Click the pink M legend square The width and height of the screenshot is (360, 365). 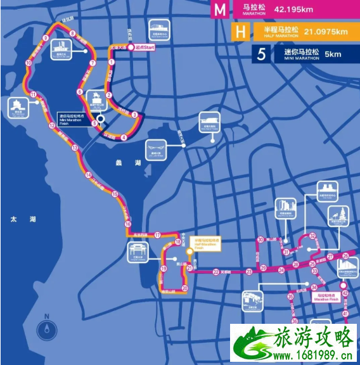click(220, 10)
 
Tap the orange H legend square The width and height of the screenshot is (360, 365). click(240, 32)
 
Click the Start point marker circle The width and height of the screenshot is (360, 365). click(130, 47)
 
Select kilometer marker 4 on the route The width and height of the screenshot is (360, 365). click(124, 138)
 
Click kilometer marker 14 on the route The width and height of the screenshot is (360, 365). click(89, 175)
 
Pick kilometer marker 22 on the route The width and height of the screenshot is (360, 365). click(216, 272)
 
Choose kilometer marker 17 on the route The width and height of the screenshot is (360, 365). click(157, 234)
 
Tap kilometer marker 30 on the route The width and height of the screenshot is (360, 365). click(260, 240)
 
